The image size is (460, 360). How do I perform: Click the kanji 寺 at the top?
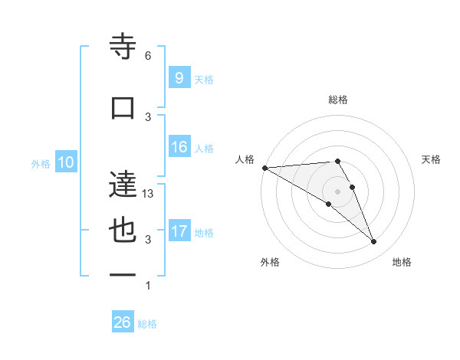[x=123, y=48]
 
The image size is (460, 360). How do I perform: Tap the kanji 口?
[x=123, y=108]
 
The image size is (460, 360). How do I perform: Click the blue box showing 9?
[x=178, y=77]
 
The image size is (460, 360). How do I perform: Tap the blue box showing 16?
[x=179, y=147]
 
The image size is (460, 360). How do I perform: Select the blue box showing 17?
[x=179, y=231]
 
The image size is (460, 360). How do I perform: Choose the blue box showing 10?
[x=65, y=162]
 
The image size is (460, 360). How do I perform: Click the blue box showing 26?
[x=122, y=322]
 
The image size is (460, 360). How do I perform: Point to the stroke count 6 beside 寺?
[x=148, y=56]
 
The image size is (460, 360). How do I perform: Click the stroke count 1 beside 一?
[x=148, y=286]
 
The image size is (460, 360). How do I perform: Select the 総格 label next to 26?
[x=147, y=324]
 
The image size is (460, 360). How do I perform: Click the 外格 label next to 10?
[x=41, y=163]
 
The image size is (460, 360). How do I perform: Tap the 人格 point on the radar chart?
[x=264, y=168]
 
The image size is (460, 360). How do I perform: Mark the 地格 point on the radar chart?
[x=374, y=242]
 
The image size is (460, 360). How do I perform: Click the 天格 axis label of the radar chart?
[x=431, y=159]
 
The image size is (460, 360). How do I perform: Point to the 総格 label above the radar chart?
[x=337, y=100]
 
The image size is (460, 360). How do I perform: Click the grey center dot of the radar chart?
[x=337, y=191]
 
